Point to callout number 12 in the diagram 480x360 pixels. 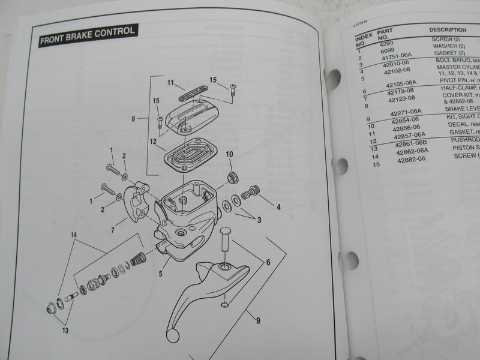[154, 142]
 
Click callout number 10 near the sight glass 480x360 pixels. [229, 155]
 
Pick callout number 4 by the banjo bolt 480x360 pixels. [278, 209]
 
